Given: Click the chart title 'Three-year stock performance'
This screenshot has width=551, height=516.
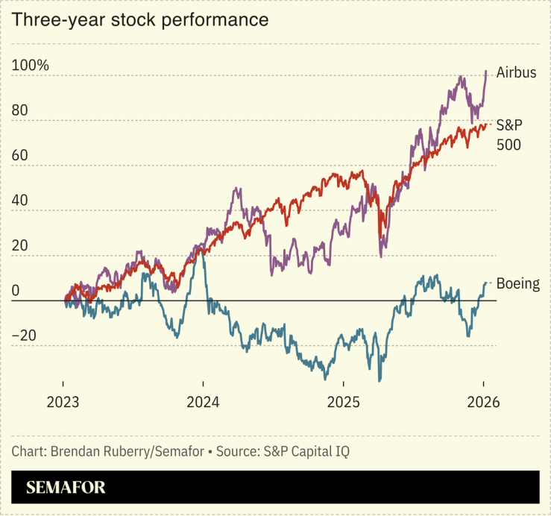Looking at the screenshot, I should coord(139,20).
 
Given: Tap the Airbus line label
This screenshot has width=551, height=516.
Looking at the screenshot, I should coord(517,73).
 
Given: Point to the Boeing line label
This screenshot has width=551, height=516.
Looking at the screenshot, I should coord(517,283).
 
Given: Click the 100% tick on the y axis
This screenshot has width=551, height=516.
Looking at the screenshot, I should coord(31,66).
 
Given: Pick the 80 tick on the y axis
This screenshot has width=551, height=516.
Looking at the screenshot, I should coord(20,110).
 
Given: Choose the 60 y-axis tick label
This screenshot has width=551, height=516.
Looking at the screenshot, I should coord(20,156).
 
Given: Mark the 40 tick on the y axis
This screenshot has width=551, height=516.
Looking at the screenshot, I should coord(20,201).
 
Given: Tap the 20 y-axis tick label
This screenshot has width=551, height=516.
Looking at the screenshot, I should coord(20,245).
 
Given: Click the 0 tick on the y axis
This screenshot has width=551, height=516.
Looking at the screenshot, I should coord(16,290).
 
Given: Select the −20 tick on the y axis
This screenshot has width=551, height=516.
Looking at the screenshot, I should coord(24,336).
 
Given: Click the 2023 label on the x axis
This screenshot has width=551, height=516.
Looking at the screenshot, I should coord(63,401).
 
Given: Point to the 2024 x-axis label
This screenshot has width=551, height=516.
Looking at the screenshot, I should coord(203,401).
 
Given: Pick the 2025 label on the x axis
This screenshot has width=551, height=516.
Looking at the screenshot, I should coord(343,401).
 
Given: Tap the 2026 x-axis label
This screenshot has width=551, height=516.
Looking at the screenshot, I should coord(483,401).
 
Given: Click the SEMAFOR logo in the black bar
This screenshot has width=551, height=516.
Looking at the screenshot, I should coord(66,488).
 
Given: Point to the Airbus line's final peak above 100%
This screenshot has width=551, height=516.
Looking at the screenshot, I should coord(486,72).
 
